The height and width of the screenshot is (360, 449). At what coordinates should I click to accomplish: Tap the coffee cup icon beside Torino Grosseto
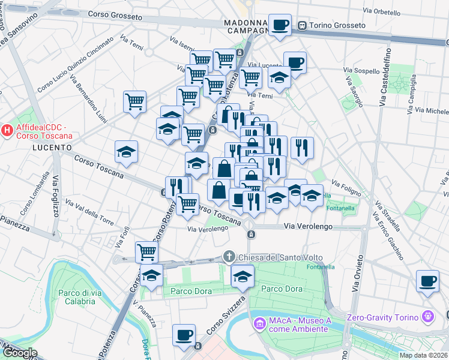point(280,25)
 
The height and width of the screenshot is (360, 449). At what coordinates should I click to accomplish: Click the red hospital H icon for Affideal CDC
point(7,129)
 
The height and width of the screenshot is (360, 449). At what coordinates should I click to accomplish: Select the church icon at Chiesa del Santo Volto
point(229,257)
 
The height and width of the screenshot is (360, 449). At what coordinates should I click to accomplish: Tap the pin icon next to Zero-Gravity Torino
point(427,316)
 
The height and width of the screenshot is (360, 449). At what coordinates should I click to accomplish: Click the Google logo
point(19,352)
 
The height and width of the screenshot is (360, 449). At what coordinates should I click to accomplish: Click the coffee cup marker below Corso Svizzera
point(184,335)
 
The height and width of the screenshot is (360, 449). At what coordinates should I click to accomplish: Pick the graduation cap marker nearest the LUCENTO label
point(127,152)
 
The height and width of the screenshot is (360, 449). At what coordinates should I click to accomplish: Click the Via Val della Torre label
point(89,212)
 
